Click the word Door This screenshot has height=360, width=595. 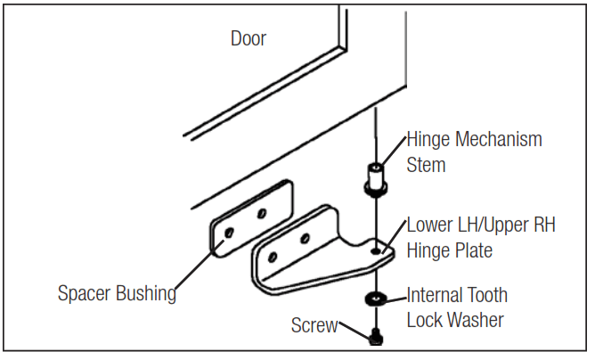pos(249,38)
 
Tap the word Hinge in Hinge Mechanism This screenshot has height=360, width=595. pos(429,140)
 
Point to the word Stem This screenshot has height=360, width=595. pos(426,165)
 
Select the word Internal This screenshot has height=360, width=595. pos(438,295)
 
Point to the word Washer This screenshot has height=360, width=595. pos(475,320)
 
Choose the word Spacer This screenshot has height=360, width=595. pos(85,292)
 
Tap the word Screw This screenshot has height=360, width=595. pos(314,325)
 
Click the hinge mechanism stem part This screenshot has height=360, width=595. pos(374,179)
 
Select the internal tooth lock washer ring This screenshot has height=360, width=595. pos(375,298)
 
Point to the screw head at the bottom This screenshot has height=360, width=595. pos(375,337)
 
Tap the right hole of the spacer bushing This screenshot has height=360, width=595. pos(263,213)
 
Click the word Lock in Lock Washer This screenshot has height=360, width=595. pos(423,320)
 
